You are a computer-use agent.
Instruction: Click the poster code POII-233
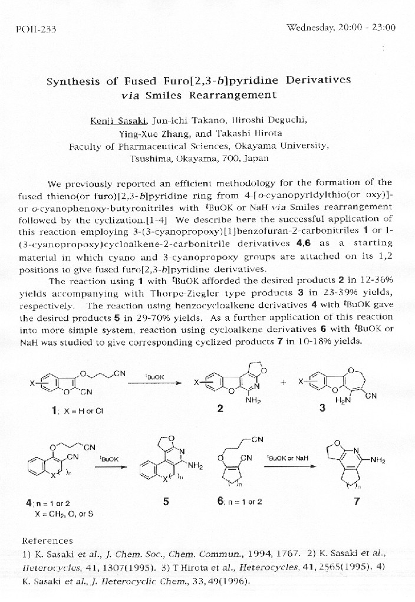coord(33,29)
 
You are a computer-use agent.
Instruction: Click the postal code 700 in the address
coord(230,158)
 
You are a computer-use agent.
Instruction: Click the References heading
coord(47,541)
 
